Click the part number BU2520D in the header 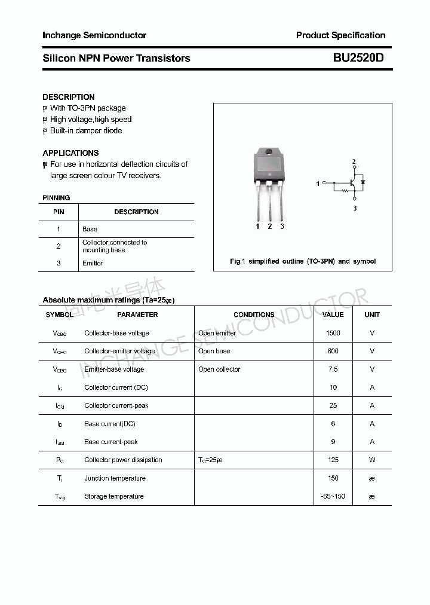[358, 58]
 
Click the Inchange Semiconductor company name [94, 35]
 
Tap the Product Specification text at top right [340, 35]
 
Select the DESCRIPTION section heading [68, 97]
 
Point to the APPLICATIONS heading [70, 153]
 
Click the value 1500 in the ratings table [333, 333]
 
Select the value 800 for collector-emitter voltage [333, 351]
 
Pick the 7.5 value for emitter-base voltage [333, 369]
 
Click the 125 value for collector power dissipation [333, 460]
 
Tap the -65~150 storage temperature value [333, 496]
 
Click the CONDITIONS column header [254, 314]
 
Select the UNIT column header [372, 314]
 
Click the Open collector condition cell [219, 369]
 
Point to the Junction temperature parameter [115, 478]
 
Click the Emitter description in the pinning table [93, 263]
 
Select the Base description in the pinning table [90, 229]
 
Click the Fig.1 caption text [303, 261]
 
